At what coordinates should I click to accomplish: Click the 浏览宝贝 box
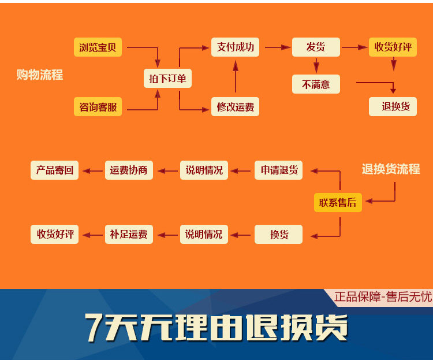(x=98, y=47)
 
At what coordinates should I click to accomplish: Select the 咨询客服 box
(x=98, y=107)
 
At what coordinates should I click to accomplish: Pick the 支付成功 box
(x=235, y=47)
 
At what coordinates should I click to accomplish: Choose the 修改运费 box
(x=235, y=107)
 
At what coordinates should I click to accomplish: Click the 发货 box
(x=315, y=47)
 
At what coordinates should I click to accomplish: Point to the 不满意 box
(x=315, y=84)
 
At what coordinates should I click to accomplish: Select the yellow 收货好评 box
(x=393, y=47)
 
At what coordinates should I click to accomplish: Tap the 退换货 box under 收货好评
(x=393, y=106)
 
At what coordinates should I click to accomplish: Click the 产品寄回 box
(x=54, y=170)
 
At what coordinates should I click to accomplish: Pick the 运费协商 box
(x=129, y=170)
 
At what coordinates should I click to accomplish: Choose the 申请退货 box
(x=279, y=170)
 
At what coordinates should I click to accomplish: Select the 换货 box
(x=279, y=235)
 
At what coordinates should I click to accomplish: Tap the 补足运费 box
(x=129, y=235)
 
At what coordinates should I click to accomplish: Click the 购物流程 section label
(x=39, y=75)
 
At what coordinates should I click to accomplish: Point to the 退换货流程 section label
(x=391, y=169)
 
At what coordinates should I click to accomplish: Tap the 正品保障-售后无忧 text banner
(x=383, y=297)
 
